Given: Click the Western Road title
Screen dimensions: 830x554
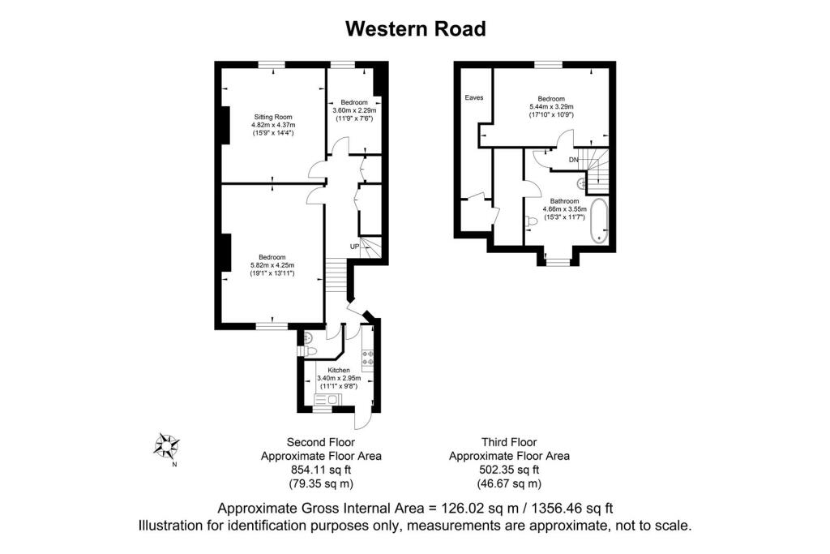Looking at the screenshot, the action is [416, 28].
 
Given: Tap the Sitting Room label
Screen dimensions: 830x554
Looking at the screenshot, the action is [273, 117].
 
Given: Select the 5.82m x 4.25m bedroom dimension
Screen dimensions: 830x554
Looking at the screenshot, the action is [272, 265].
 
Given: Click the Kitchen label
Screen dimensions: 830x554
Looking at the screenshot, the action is [339, 370].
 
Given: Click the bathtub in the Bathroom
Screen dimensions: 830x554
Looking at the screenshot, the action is [599, 221].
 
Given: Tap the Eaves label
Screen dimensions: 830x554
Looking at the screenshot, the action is [473, 97].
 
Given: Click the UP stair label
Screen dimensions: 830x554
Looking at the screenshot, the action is [355, 247].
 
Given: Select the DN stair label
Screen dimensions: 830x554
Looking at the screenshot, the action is [574, 160].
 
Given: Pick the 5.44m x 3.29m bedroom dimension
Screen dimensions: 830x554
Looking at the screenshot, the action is [551, 106].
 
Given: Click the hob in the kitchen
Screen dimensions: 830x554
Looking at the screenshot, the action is [368, 359].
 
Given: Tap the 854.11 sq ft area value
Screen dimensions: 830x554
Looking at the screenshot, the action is [321, 470].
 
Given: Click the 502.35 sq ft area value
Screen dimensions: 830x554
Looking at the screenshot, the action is [509, 470].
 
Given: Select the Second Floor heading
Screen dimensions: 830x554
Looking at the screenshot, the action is [321, 442].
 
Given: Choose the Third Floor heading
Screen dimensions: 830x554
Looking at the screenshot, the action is [509, 442].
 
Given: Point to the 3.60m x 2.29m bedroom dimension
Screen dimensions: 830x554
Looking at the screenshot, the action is [354, 110].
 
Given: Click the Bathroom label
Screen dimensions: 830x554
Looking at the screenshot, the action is [564, 201].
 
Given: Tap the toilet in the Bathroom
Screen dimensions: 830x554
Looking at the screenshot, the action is [532, 222].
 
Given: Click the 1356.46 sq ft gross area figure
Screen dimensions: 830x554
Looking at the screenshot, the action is [571, 509].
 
